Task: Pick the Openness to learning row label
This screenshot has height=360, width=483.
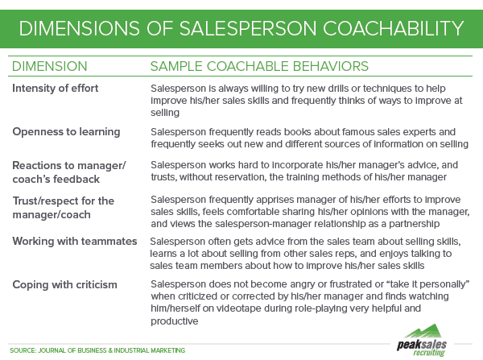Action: [66, 132]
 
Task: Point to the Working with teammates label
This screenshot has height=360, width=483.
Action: [74, 242]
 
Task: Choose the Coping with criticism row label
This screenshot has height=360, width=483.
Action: [64, 284]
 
